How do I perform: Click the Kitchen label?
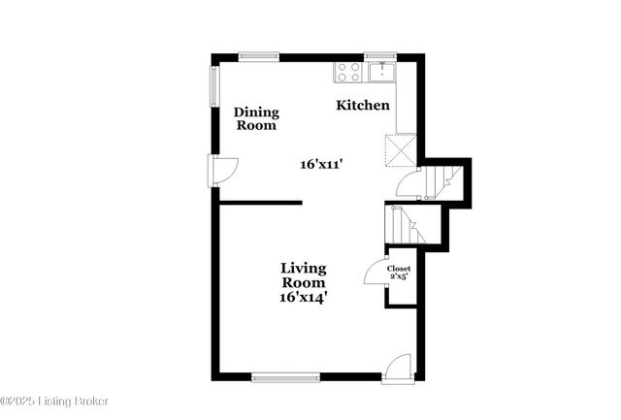363,105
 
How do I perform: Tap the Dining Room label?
256,118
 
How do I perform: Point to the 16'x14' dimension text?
303,298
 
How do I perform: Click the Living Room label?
303,275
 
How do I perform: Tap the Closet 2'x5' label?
401,272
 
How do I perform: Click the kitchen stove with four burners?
347,72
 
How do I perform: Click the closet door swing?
376,273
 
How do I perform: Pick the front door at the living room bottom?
397,369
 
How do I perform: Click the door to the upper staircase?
409,182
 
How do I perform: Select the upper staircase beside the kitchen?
443,179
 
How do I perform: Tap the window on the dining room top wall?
259,57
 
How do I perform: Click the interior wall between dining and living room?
260,203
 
